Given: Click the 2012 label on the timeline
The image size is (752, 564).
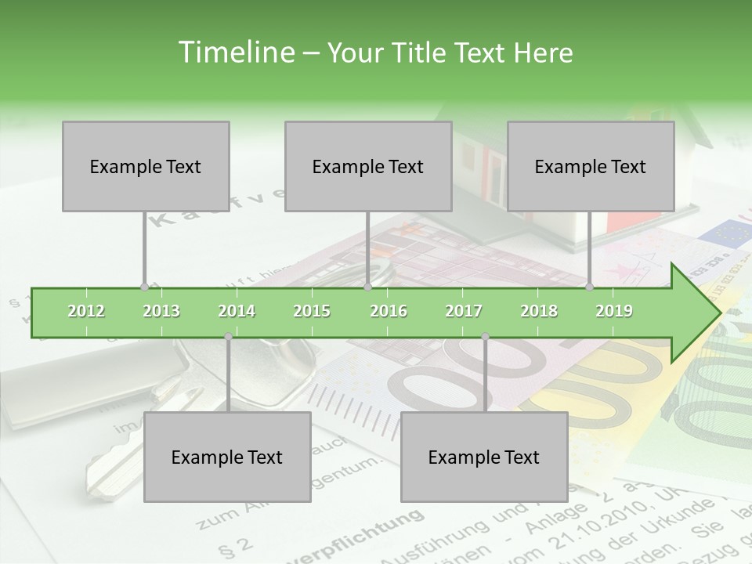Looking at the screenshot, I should point(86,311).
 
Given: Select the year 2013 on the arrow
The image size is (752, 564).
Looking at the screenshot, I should point(161,311).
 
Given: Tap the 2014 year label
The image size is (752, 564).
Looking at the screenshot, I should point(237,311).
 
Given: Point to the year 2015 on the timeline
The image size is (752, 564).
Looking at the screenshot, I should point(312,311).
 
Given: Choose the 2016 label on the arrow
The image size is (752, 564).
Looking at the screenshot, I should point(389,311).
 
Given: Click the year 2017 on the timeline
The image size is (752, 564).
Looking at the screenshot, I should point(464,311).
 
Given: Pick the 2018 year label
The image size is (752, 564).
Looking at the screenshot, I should point(539,311).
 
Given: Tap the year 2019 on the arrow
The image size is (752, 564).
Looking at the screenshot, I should point(614,311).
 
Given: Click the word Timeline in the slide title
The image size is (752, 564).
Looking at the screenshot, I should point(234,52).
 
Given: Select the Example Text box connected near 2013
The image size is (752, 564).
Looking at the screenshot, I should point(146,166).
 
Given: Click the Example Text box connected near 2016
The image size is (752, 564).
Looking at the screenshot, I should point(368,166).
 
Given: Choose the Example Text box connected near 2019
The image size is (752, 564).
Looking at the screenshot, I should point(591,166).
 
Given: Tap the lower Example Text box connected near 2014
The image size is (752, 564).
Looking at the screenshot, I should point(227,457).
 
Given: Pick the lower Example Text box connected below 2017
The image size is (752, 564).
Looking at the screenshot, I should point(484,457).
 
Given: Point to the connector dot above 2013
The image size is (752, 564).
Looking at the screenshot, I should point(144,287).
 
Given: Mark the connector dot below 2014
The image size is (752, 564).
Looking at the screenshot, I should point(228,337).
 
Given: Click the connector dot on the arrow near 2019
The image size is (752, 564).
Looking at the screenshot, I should point(590,287).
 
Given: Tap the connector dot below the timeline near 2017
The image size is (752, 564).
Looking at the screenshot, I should point(485,337).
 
